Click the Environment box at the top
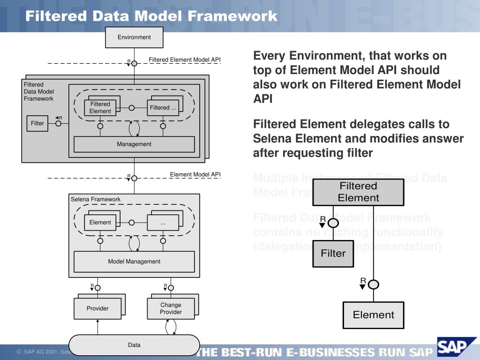tap(134, 37)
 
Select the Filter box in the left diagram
tap(37, 124)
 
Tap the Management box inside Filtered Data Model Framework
tap(134, 144)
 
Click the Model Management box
tap(134, 262)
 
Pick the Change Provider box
tap(171, 308)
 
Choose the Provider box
tap(97, 308)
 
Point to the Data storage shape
tap(134, 345)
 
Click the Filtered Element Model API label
tap(184, 60)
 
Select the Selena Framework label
tap(96, 199)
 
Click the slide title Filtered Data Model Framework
tap(151, 16)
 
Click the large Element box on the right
tap(374, 315)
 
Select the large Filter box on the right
tap(333, 254)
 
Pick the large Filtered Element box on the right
tap(358, 192)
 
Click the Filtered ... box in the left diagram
tap(163, 108)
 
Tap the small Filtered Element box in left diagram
tap(100, 108)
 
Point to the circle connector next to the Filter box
tap(59, 124)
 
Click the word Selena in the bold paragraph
tap(270, 139)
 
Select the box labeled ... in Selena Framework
tap(163, 223)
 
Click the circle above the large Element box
tap(374, 284)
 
